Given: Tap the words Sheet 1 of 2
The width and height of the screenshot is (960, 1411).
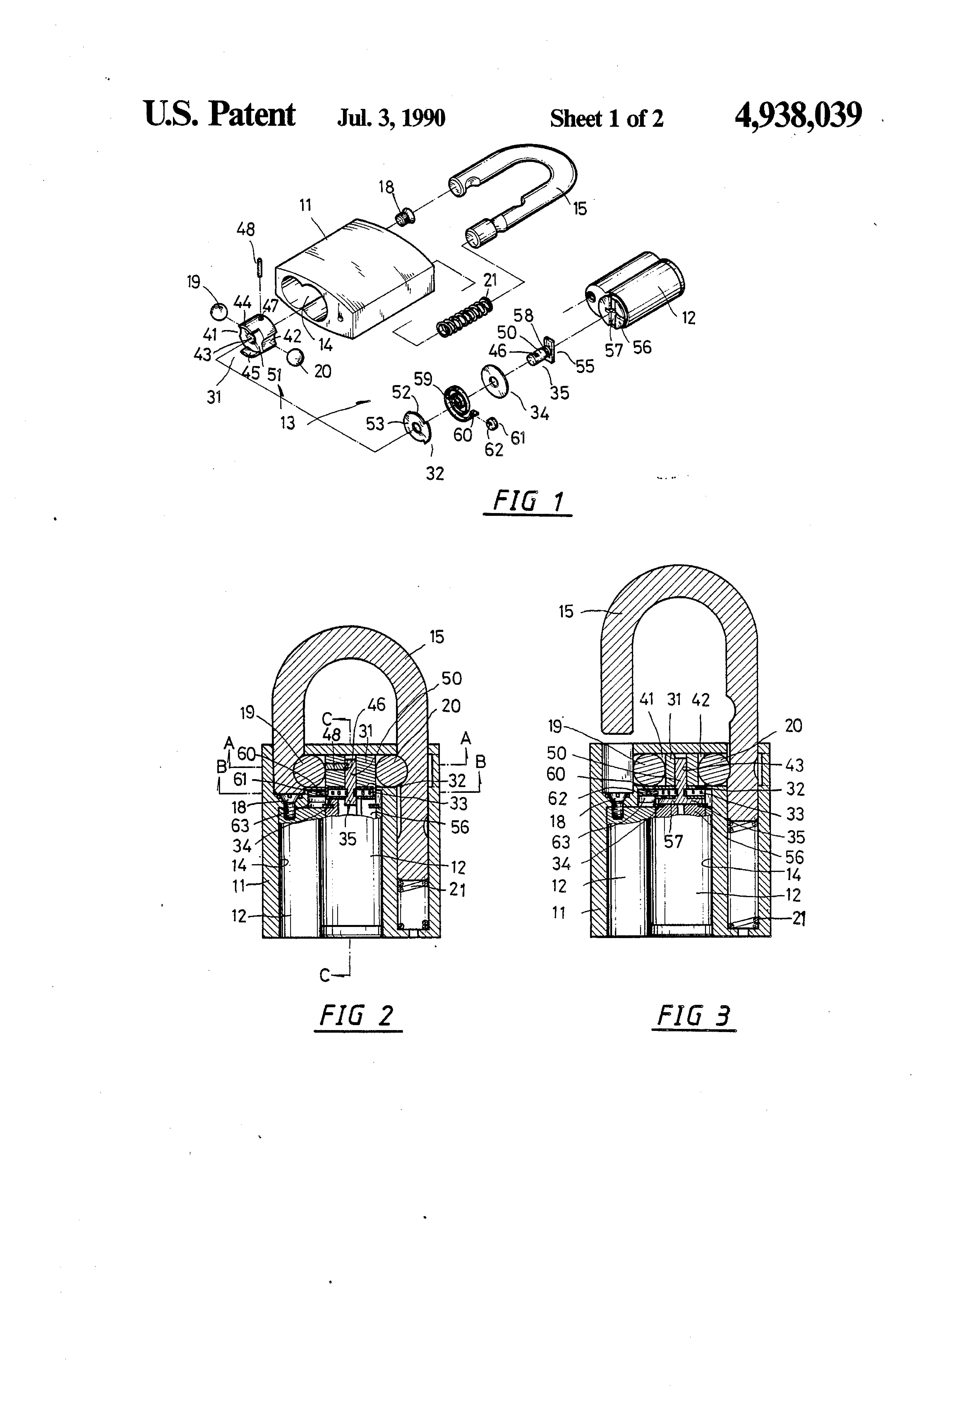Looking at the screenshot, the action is coord(607,118).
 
